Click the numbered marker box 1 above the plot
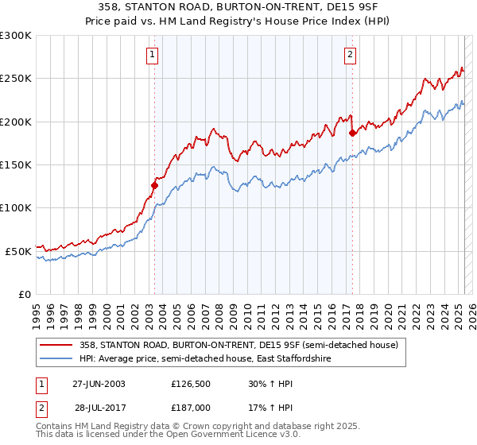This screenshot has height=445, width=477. coord(152,55)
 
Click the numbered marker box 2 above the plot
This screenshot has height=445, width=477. coord(350,55)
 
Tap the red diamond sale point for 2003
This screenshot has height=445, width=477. coord(155,185)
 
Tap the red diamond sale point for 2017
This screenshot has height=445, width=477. coord(352,133)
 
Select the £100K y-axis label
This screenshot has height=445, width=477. coord(16,207)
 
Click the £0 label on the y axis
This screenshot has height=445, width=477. coord(24,293)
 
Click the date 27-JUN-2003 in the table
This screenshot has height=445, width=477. coord(99,384)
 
